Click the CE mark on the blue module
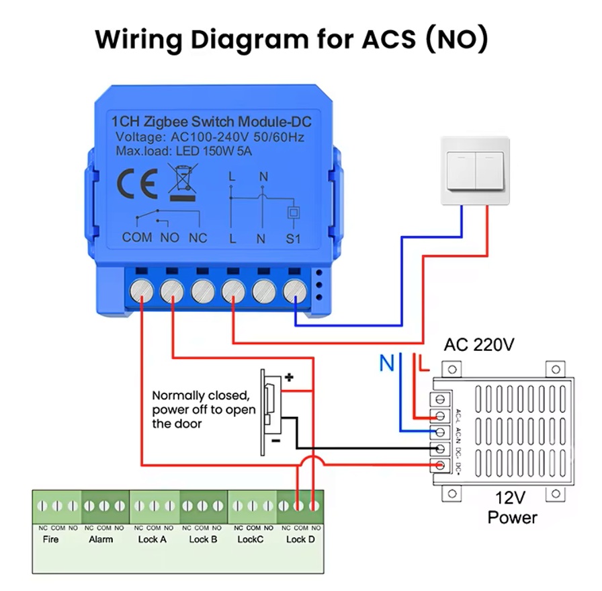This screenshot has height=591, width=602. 138,182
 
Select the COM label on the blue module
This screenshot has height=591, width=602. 137,237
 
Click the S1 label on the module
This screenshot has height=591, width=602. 294,238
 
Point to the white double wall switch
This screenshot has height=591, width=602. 475,171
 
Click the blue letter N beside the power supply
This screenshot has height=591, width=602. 386,363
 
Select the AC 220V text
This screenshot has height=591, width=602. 479,346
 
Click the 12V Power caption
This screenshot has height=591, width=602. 512,508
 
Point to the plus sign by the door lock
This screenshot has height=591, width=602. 289,378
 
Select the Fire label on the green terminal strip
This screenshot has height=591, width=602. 50,539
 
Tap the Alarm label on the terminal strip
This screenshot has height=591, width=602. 101,539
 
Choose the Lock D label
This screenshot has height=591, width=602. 300,539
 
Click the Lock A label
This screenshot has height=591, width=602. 150,539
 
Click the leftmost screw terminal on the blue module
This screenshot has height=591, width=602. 142,290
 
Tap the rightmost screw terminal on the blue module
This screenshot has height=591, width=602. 294,290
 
